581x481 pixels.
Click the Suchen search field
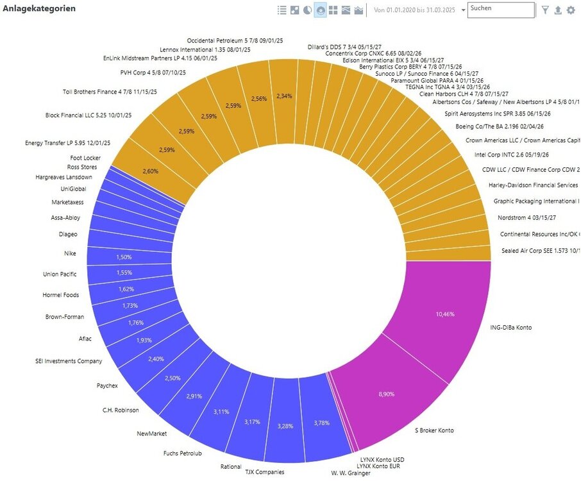(x=501, y=10)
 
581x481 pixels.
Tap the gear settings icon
(x=571, y=10)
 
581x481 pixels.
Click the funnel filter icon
(x=545, y=10)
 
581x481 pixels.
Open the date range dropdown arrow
(x=464, y=11)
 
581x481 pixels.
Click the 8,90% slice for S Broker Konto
(x=387, y=393)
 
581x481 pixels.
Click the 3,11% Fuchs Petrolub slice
(x=221, y=411)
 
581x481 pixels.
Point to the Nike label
(x=70, y=253)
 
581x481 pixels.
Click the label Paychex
(x=106, y=386)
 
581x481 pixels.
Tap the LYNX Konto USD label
(x=380, y=459)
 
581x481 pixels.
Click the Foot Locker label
(x=85, y=158)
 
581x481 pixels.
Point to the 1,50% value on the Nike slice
(x=124, y=257)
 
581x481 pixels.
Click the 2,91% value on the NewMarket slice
(x=194, y=396)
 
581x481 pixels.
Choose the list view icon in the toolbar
(x=282, y=10)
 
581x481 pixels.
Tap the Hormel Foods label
(x=61, y=295)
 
